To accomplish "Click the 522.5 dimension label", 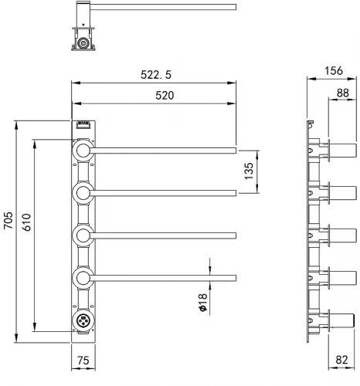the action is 156,75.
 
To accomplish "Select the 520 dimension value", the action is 165,96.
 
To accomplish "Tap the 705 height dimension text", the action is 8,220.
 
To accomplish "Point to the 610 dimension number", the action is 26,222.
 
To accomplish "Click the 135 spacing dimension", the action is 249,171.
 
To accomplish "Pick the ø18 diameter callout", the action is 203,303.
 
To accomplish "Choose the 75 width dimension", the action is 83,361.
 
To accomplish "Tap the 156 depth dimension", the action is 334,71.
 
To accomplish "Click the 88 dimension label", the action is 343,93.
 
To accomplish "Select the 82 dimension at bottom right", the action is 341,360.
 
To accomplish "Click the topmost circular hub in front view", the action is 83,151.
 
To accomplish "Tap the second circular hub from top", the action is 83,193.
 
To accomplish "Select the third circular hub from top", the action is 83,235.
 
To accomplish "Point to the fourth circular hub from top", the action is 83,278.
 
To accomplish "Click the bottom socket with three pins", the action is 83,320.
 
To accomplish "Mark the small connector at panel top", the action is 83,125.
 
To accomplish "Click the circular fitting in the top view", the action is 83,42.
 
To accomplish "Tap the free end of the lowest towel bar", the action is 236,278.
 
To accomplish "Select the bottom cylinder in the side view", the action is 343,320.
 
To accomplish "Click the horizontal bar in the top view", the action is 163,7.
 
